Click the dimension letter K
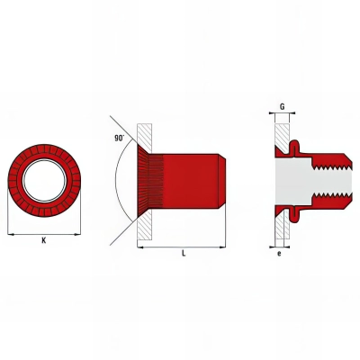click(x=43, y=241)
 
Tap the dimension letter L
click(x=184, y=254)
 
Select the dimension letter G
click(x=283, y=106)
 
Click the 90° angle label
click(x=119, y=139)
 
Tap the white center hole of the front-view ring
click(x=43, y=179)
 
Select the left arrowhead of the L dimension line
click(x=140, y=245)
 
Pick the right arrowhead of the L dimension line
click(x=225, y=245)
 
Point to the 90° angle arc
click(x=118, y=180)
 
